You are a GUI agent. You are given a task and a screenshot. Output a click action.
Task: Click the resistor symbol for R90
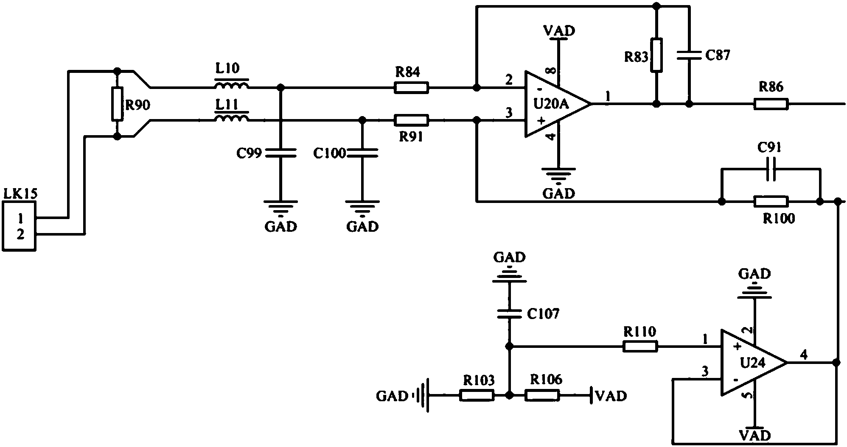[118, 104]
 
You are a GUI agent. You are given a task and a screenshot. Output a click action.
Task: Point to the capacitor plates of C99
[280, 153]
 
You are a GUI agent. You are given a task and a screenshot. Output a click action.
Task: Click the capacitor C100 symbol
[362, 153]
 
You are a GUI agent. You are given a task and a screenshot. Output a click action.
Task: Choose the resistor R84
[411, 88]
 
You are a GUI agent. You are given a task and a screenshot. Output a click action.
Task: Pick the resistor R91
[411, 120]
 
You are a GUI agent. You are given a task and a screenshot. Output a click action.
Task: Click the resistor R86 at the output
[771, 104]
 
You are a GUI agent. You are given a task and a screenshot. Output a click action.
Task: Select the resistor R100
[771, 201]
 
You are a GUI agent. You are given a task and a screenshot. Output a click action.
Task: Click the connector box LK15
[19, 226]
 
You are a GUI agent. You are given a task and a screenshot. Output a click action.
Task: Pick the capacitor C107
[509, 314]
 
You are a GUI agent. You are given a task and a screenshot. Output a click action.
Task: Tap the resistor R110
[640, 347]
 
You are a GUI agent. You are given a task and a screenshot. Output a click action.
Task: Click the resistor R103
[477, 395]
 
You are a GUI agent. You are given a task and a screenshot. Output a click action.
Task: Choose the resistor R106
[542, 395]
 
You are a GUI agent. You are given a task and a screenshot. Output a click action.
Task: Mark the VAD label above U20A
[559, 31]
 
